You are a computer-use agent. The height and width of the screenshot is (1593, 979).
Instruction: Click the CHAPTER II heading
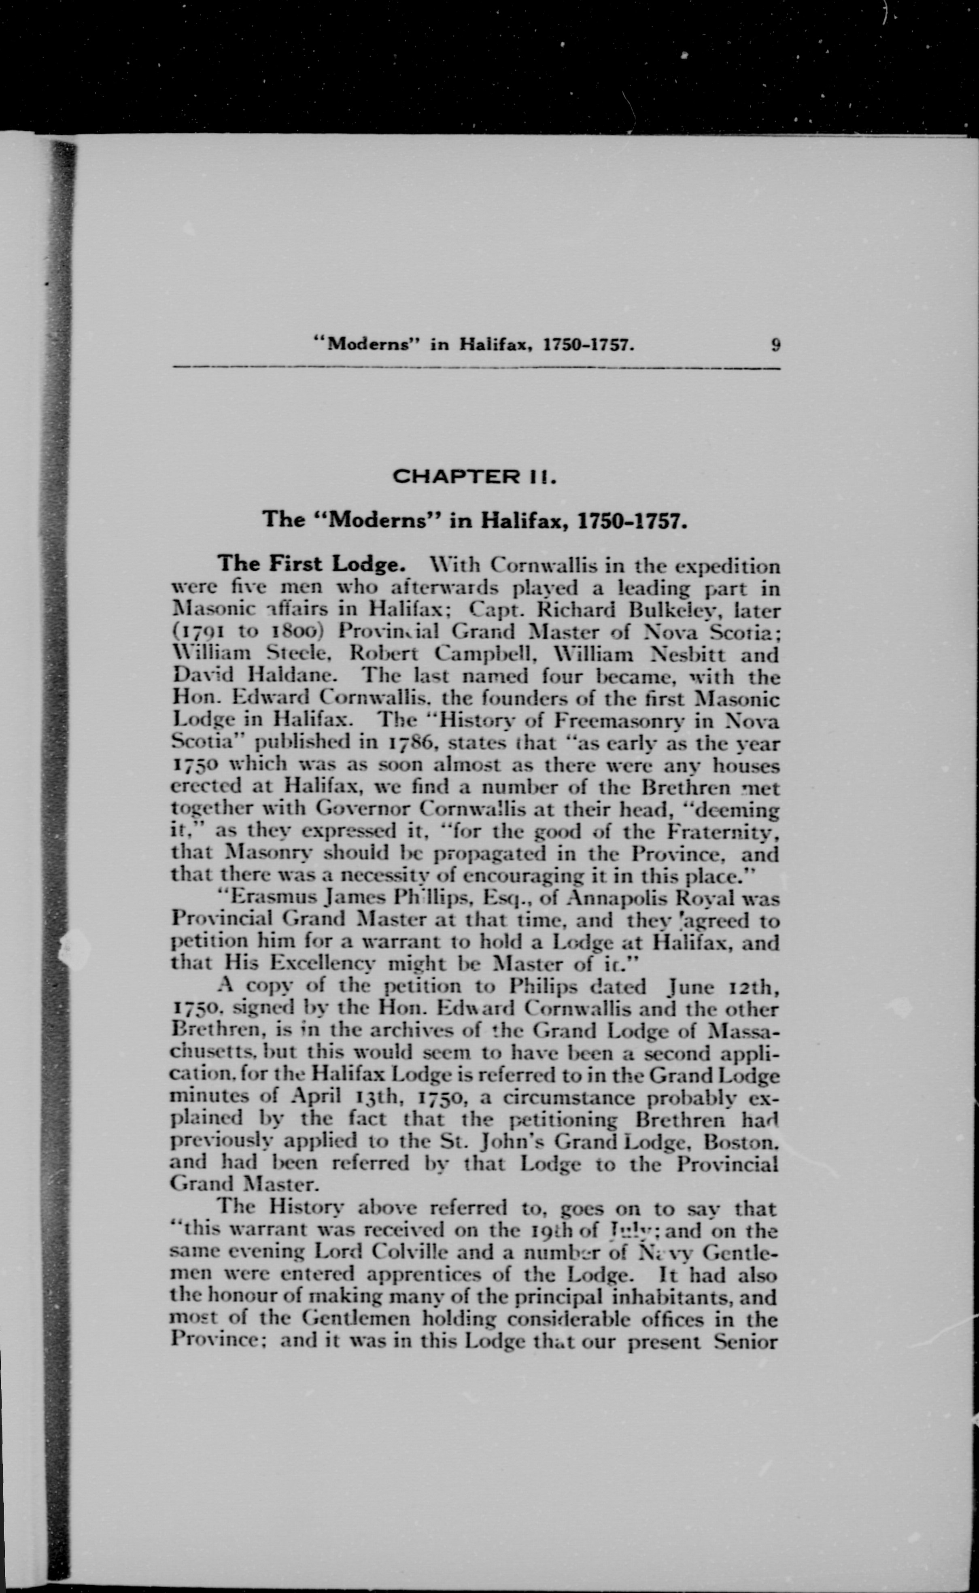click(x=475, y=477)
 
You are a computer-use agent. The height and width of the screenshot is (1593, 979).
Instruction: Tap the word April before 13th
click(x=315, y=1096)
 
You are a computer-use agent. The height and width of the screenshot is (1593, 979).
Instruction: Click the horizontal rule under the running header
click(x=476, y=369)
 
